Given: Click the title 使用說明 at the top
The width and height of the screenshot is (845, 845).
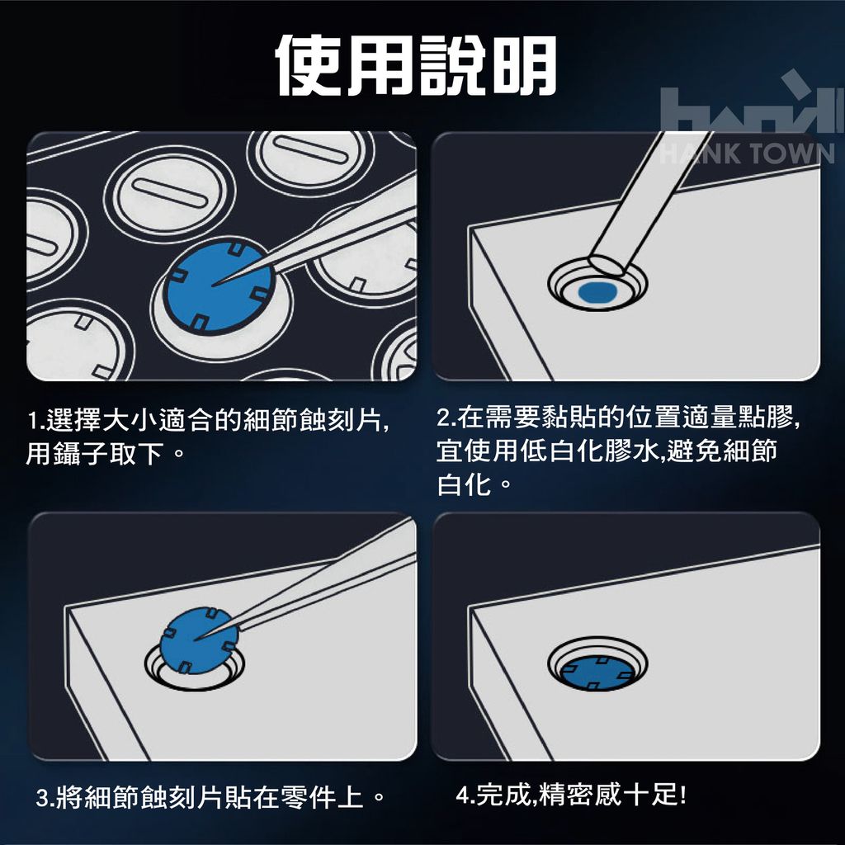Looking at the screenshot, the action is pos(416,66).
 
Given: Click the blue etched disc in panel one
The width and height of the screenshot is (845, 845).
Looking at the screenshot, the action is pos(219,286).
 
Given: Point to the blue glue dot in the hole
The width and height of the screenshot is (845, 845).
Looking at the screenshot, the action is pos(597,291).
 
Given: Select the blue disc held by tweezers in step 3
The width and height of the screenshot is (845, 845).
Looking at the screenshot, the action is pos(200,640).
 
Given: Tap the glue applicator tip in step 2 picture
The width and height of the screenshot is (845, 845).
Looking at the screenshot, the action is pos(609,266).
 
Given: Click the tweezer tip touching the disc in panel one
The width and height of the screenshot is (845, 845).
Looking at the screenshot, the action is pos(214,284).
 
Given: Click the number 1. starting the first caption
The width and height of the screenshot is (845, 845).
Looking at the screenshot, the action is pos(36,420).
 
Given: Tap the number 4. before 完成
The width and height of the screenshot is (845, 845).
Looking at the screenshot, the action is pos(465,795).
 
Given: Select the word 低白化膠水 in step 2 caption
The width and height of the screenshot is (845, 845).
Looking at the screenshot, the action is pos(588,451).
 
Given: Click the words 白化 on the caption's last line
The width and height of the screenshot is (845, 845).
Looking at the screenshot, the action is pos(464,484).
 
